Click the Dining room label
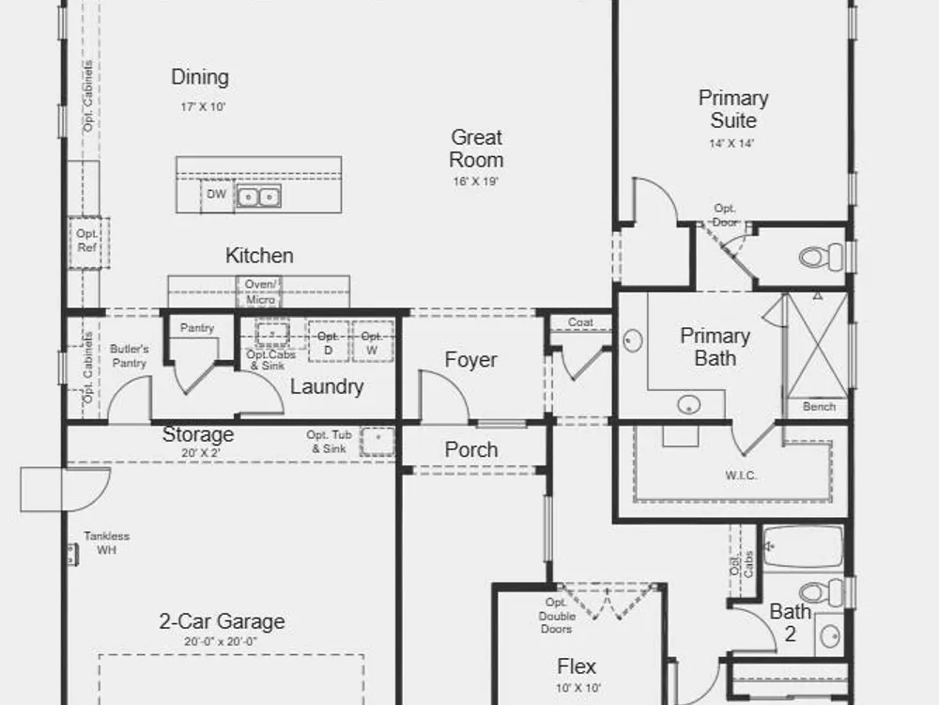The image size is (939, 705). (x=200, y=77)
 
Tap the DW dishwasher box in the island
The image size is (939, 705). (x=217, y=196)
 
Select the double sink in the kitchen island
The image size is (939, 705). (x=259, y=196)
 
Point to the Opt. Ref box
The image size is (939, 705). (x=88, y=243)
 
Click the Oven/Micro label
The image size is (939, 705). (x=260, y=292)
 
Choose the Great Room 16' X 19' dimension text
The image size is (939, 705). (x=475, y=181)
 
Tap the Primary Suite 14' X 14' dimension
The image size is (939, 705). (x=731, y=144)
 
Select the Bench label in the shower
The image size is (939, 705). (x=819, y=406)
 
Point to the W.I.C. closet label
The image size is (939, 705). (x=741, y=476)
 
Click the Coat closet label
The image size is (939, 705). (x=580, y=322)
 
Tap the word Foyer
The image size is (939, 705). (x=470, y=360)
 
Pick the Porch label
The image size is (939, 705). (x=471, y=449)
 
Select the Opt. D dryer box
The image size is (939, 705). (x=328, y=342)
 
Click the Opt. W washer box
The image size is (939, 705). (x=372, y=342)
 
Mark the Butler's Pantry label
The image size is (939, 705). (x=129, y=356)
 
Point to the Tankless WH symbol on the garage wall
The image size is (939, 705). (x=72, y=554)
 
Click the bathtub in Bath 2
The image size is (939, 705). (x=803, y=547)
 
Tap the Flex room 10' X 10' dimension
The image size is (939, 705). (x=577, y=688)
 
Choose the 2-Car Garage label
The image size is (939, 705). (x=222, y=621)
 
